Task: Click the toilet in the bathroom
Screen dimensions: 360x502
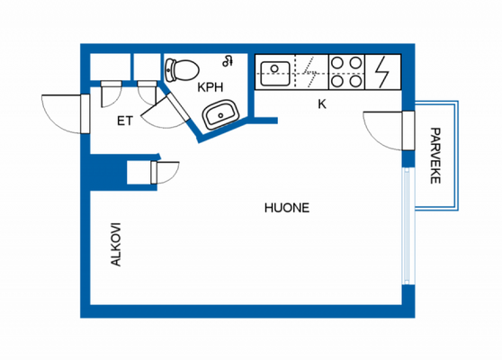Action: coord(183,68)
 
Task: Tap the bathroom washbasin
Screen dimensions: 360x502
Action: coord(220,115)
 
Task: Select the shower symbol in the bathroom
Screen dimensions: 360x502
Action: coord(229,61)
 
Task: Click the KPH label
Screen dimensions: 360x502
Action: coord(211,88)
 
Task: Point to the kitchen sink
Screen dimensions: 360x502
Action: coord(274,70)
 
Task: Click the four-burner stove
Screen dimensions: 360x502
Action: coord(347,71)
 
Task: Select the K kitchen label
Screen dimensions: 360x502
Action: coord(321,103)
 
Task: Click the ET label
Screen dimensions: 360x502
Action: coord(125,120)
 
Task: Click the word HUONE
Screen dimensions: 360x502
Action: coord(286,207)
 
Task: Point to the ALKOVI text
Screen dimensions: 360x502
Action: coord(115,245)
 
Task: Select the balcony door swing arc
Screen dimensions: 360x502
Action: coord(382,129)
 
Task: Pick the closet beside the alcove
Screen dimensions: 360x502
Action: coord(141,173)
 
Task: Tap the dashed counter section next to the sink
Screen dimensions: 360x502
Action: coord(310,71)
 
